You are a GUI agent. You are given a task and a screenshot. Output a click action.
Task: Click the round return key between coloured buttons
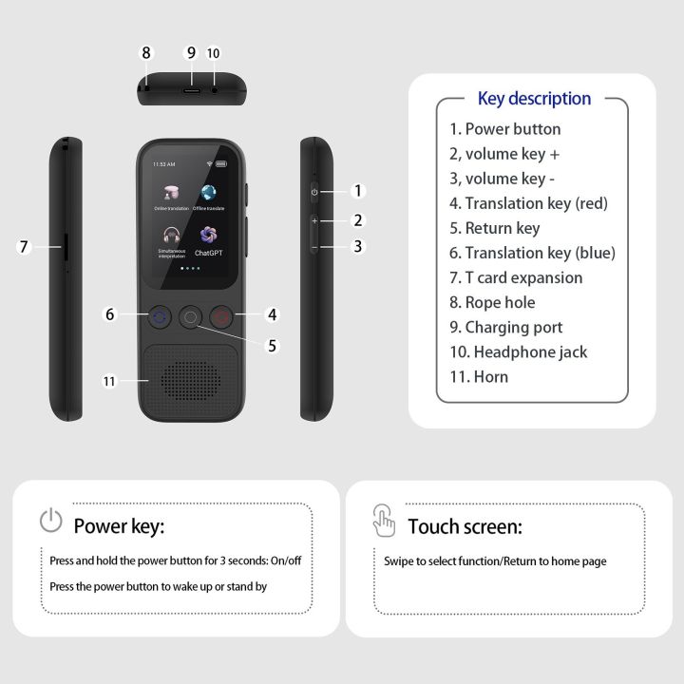[190, 318]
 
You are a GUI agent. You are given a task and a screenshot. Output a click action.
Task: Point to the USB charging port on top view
[191, 87]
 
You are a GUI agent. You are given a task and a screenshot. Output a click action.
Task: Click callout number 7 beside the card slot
[25, 247]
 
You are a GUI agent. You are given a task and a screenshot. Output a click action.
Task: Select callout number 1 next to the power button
[358, 191]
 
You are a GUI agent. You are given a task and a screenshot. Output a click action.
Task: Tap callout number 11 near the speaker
[109, 382]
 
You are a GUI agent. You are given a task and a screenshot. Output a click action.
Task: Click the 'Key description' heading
[534, 99]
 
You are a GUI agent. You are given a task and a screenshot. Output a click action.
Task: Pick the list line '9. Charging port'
[505, 327]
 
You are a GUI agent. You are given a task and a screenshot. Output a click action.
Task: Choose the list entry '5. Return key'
[494, 228]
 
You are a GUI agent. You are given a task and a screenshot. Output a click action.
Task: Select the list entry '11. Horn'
[479, 376]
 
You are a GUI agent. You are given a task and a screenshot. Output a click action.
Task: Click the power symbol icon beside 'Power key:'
[50, 521]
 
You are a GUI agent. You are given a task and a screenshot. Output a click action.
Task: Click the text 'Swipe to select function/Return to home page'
[495, 561]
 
